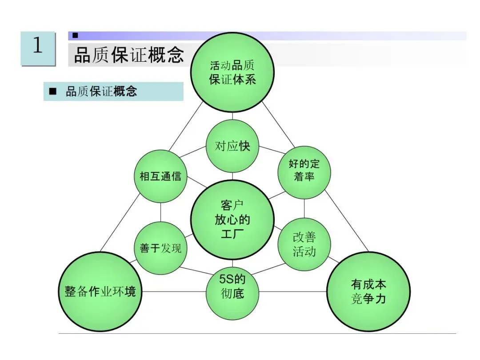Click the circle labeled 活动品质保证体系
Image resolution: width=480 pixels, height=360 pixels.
coord(232,72)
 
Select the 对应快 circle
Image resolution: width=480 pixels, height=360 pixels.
coord(232,146)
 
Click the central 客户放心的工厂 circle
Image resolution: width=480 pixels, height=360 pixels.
coord(232,220)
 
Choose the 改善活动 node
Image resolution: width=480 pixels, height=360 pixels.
coord(304,244)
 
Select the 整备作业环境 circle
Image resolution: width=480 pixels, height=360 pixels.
coord(98,292)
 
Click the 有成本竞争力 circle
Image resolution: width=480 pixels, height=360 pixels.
coord(368,292)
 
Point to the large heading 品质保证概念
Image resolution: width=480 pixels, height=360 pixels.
coord(129,55)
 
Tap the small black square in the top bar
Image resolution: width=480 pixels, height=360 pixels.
coord(75,35)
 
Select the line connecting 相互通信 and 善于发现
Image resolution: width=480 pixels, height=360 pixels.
coord(160,212)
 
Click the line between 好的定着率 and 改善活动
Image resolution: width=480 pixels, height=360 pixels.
coord(304,208)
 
